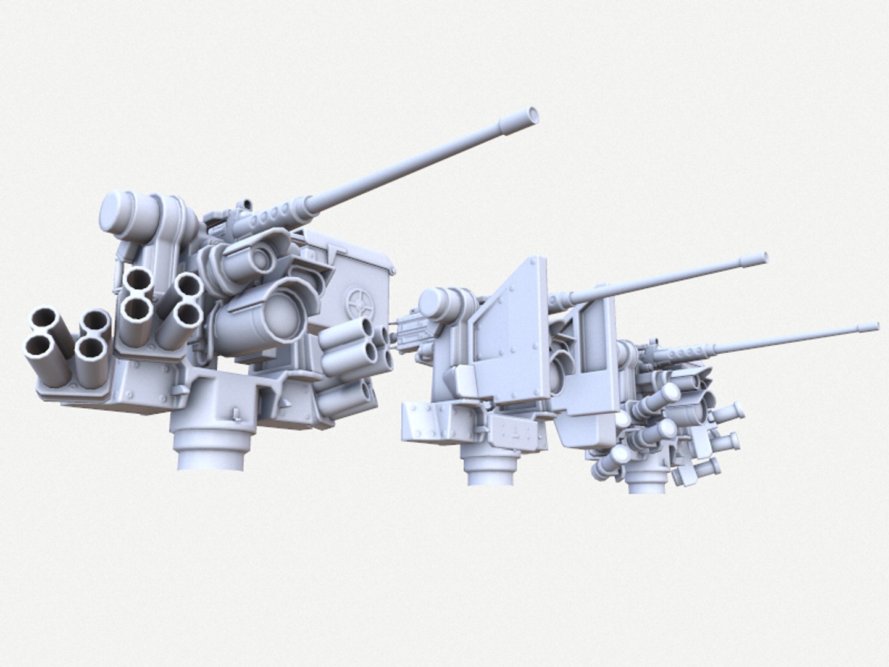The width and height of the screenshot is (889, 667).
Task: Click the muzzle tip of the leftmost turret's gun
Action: (x=532, y=113)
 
